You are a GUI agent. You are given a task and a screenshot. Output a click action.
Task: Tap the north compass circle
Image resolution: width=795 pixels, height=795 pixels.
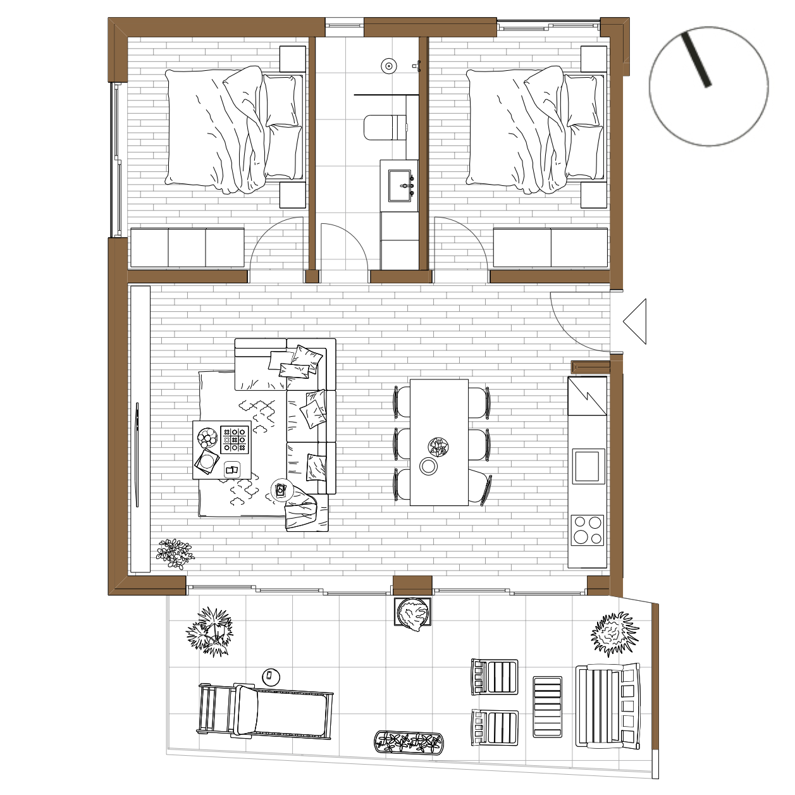click(x=708, y=87)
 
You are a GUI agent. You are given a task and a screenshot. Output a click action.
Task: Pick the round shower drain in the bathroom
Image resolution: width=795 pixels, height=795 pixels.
click(x=388, y=65)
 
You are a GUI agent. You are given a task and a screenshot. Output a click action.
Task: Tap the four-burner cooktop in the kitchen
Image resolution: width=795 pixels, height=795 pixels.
click(x=588, y=530)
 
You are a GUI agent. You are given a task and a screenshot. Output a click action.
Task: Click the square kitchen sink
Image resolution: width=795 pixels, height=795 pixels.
click(x=588, y=466)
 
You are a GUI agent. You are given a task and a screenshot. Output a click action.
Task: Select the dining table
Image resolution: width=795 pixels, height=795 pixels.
click(x=439, y=442)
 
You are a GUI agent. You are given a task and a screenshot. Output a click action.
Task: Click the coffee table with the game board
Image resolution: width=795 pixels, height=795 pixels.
click(x=221, y=450)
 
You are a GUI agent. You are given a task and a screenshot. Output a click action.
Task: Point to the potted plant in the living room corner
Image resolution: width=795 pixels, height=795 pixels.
click(x=175, y=553)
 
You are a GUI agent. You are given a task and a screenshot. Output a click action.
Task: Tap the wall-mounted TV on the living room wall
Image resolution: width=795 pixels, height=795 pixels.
click(x=137, y=455)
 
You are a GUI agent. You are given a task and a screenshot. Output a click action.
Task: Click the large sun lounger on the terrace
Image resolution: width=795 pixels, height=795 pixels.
click(x=265, y=711)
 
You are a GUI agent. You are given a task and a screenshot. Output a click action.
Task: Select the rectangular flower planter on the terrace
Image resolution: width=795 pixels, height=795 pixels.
click(x=409, y=741)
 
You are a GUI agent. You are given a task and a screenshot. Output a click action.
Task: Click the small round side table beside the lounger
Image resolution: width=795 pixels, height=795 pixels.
click(x=271, y=676)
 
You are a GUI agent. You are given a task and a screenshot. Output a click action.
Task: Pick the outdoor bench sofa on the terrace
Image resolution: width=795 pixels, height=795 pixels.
click(x=608, y=705)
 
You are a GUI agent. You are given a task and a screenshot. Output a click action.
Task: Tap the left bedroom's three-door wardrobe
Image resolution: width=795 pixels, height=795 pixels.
click(x=187, y=247)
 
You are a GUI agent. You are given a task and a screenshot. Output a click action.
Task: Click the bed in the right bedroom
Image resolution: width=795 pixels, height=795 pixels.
click(x=535, y=129)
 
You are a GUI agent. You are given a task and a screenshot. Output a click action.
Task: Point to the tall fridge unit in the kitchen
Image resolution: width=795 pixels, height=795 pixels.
click(x=587, y=396)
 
